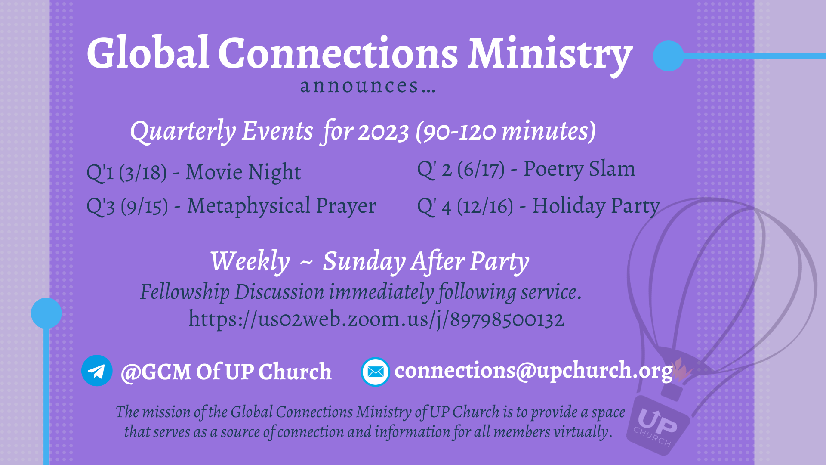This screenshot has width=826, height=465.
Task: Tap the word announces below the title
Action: coord(359,86)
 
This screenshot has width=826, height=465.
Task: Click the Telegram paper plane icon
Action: coord(97,371)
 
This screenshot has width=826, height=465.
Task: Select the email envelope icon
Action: coord(375,372)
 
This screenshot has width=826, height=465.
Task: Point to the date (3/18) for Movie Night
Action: coord(143,173)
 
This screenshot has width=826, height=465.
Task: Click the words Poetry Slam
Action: coord(579,169)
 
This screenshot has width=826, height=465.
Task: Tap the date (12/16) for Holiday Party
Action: coord(485,207)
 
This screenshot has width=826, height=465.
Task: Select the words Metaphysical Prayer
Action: coord(281,206)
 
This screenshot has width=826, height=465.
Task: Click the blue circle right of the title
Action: coord(668,56)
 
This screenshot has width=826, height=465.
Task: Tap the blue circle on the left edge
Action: coord(46,313)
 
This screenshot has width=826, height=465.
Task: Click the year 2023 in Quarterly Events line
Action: coord(383,132)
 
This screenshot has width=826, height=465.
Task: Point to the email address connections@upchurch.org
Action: coord(533,371)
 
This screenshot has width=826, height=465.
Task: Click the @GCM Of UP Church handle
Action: coord(226,372)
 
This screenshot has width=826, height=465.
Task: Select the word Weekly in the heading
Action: coord(250,262)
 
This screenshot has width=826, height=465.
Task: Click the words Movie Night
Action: coord(243,172)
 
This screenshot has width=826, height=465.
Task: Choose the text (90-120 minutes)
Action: coord(506,131)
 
